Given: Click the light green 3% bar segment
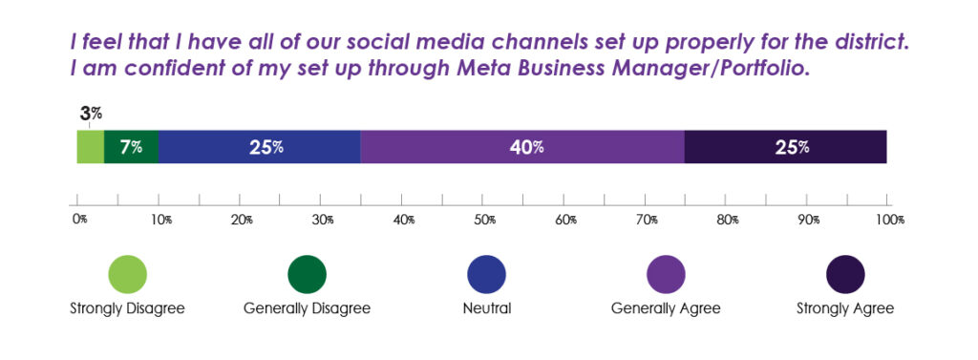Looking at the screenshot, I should pos(90,147).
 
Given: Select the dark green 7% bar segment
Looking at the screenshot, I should pos(131,147).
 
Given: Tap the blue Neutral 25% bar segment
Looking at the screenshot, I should pos(259,147).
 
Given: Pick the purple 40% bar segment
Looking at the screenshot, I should pos(522,147).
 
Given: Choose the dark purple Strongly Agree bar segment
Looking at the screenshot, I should pos(786,147).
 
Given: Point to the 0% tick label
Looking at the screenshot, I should pos(79,221).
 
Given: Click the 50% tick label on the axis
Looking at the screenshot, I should pos(485,221).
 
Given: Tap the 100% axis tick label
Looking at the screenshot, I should pos(888,221).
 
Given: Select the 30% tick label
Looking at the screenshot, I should pos(323,221).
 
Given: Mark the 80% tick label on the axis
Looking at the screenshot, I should pos(729,221).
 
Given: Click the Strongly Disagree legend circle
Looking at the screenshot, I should pos(127,274).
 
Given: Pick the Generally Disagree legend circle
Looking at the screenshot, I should pos(307,274).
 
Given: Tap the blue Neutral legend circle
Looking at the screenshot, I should pos(486,274).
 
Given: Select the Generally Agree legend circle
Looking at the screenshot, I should pos(666,274).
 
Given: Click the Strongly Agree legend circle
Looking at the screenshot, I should pos(845,274).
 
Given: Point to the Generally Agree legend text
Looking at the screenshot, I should pos(666,308).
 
